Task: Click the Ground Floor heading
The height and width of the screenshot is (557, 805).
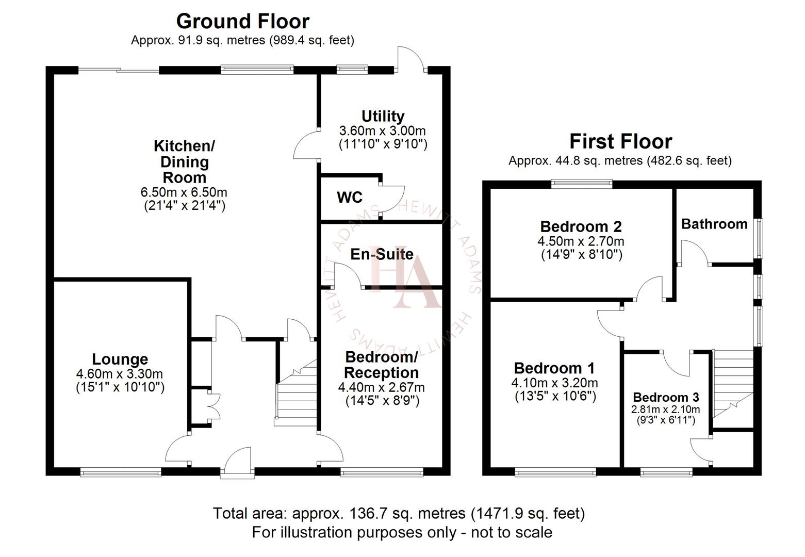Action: tap(243, 21)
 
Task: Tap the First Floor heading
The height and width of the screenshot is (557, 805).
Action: tap(620, 141)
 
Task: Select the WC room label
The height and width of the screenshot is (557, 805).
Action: tap(350, 198)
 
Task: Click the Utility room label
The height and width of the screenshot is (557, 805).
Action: tap(383, 116)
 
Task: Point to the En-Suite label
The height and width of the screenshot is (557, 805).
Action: tap(382, 254)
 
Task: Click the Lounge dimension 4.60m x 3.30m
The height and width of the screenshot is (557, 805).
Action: tap(120, 374)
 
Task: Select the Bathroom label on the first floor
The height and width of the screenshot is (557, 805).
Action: tap(714, 224)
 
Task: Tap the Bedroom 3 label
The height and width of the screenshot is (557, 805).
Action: tap(666, 397)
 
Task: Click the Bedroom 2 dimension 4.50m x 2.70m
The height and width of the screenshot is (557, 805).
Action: tap(581, 241)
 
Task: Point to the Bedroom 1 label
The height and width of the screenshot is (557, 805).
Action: tap(554, 368)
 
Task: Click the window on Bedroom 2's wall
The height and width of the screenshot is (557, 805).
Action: tap(581, 183)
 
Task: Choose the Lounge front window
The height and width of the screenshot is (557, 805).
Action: tap(120, 471)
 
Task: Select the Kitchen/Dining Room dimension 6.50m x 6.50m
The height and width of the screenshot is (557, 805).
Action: tap(184, 192)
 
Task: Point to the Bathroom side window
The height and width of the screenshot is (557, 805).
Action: tap(759, 238)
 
